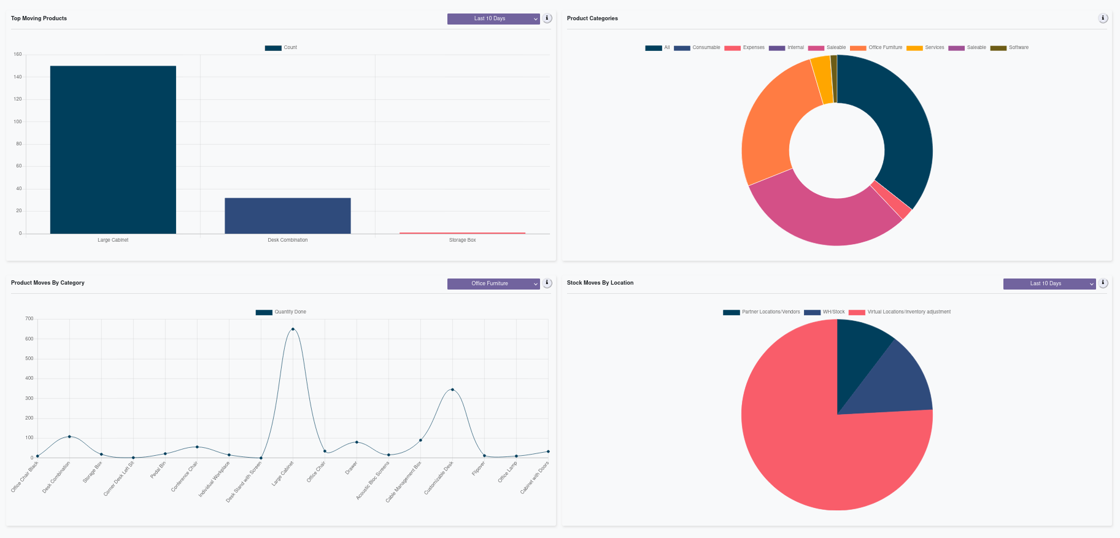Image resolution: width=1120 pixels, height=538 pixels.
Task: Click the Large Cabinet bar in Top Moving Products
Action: pyautogui.click(x=113, y=150)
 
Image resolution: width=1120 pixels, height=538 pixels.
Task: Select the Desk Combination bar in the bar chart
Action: pyautogui.click(x=287, y=215)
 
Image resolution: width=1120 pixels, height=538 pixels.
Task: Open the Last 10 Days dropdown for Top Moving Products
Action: pyautogui.click(x=493, y=19)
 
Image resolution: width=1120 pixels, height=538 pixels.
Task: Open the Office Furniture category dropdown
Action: pyautogui.click(x=493, y=284)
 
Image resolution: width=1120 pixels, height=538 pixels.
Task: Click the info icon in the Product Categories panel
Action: pyautogui.click(x=1103, y=18)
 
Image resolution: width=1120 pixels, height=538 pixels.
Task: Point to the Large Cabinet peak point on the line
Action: pyautogui.click(x=293, y=329)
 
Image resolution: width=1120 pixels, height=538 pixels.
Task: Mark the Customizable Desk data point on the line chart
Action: pyautogui.click(x=452, y=390)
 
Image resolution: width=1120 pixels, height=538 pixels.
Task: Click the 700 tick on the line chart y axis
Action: pyautogui.click(x=29, y=319)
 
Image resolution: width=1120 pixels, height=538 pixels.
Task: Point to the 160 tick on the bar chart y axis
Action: pyautogui.click(x=18, y=55)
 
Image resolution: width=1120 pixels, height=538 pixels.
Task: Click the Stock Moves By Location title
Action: pyautogui.click(x=600, y=283)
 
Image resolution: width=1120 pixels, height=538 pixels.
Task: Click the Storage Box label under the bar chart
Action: pyautogui.click(x=462, y=240)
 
